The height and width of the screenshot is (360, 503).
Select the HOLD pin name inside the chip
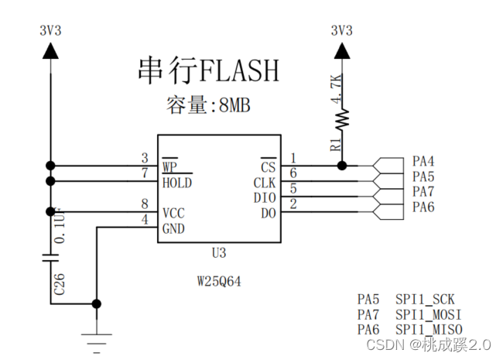click(177, 183)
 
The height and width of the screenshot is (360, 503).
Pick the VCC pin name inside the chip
click(173, 213)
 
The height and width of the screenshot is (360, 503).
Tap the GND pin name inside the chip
click(173, 228)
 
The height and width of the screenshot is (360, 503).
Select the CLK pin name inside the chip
click(264, 183)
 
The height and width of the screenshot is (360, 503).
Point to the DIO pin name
click(264, 197)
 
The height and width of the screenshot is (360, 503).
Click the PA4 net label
click(423, 162)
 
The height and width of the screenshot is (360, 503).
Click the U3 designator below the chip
click(219, 253)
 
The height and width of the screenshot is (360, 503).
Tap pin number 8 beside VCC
click(145, 204)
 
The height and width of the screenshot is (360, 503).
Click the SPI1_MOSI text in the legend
click(429, 314)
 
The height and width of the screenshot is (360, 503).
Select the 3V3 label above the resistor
click(341, 31)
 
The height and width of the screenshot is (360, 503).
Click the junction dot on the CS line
click(341, 165)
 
